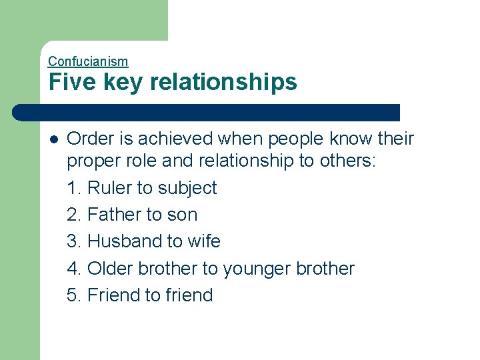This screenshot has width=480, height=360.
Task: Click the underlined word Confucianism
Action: [x=88, y=61]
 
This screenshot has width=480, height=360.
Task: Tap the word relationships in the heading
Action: [x=223, y=83]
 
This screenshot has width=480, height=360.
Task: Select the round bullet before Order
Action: [x=53, y=139]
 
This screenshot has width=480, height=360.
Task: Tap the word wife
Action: [x=205, y=241]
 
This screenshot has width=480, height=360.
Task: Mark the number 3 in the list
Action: [x=73, y=241]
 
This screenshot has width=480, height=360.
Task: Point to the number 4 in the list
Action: [x=73, y=269]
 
